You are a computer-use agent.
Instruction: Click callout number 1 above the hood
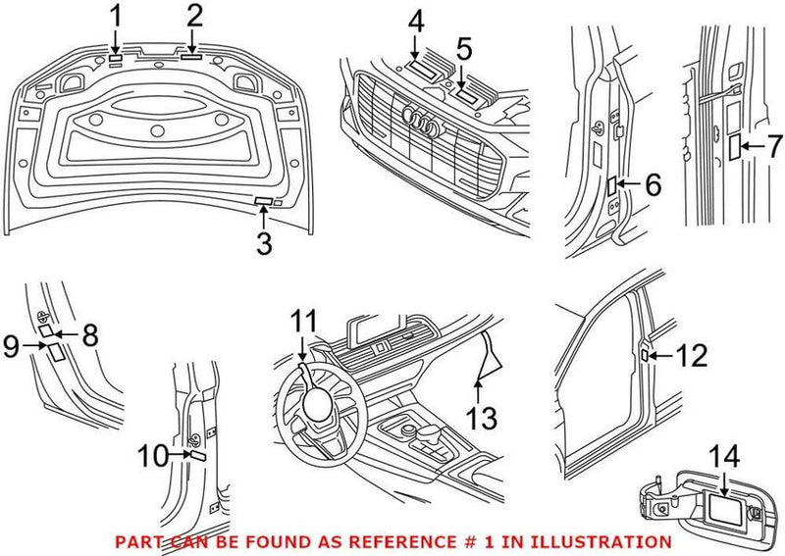pyautogui.click(x=116, y=17)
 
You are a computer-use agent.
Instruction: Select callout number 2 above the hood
pyautogui.click(x=194, y=17)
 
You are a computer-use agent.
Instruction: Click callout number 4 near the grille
pyautogui.click(x=416, y=22)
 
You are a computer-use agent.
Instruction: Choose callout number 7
pyautogui.click(x=774, y=147)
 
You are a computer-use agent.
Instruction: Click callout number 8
pyautogui.click(x=90, y=334)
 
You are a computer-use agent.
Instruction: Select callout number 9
pyautogui.click(x=13, y=344)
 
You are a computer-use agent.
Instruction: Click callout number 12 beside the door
pyautogui.click(x=691, y=355)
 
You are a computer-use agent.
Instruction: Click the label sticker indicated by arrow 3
pyautogui.click(x=263, y=202)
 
